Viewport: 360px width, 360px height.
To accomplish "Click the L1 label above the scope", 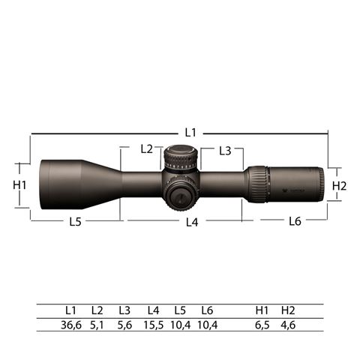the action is [x=190, y=132].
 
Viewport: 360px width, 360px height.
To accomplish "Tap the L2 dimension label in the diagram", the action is [x=146, y=149].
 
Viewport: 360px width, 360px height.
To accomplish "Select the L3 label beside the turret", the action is [x=225, y=151].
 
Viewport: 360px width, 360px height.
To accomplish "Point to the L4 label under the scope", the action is [x=192, y=222].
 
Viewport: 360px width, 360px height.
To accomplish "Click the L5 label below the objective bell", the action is [x=76, y=222].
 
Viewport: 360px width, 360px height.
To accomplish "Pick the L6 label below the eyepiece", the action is [x=295, y=221].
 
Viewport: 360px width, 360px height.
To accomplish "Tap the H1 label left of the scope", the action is [x=19, y=185].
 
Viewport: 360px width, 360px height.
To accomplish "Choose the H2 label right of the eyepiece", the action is [x=339, y=186].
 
